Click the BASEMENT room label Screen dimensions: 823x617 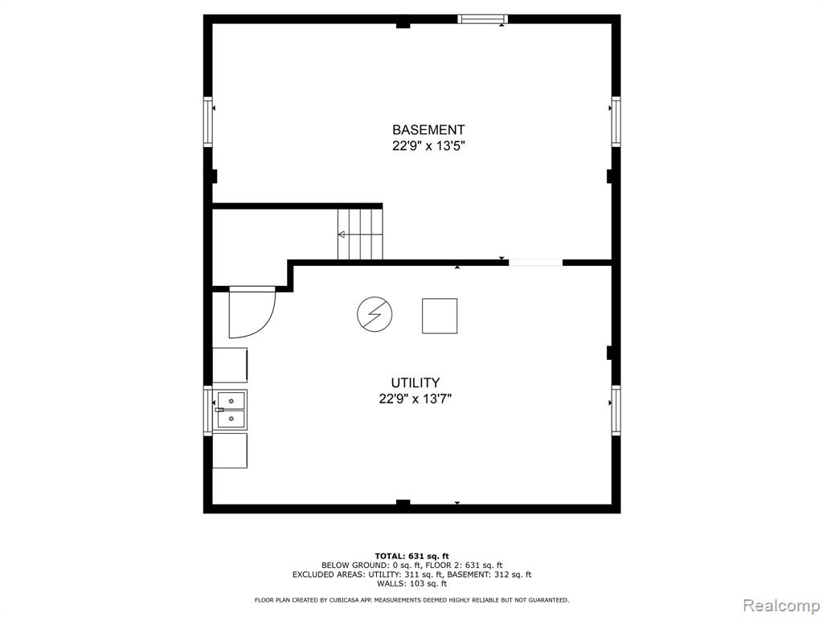(x=428, y=129)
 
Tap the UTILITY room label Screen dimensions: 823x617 (x=416, y=382)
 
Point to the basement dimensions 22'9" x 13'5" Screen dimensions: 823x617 (x=429, y=146)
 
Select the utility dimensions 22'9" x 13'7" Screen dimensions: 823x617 (x=416, y=399)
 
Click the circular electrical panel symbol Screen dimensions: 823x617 (x=375, y=314)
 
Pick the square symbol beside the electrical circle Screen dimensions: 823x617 (x=440, y=316)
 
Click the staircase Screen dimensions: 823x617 (x=360, y=234)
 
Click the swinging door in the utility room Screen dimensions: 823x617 (x=252, y=313)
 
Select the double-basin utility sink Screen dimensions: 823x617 (x=230, y=411)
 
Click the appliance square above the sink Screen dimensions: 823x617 (x=230, y=366)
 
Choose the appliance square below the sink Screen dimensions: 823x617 (x=230, y=450)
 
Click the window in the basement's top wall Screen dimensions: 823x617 (x=483, y=19)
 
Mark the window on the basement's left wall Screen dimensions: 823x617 (x=208, y=121)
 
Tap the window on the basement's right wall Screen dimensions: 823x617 (x=616, y=121)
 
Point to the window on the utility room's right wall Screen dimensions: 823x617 (x=616, y=410)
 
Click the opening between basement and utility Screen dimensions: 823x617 (x=535, y=263)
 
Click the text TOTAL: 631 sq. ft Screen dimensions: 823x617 (x=412, y=556)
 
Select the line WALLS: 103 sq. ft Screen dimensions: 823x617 (x=412, y=583)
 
